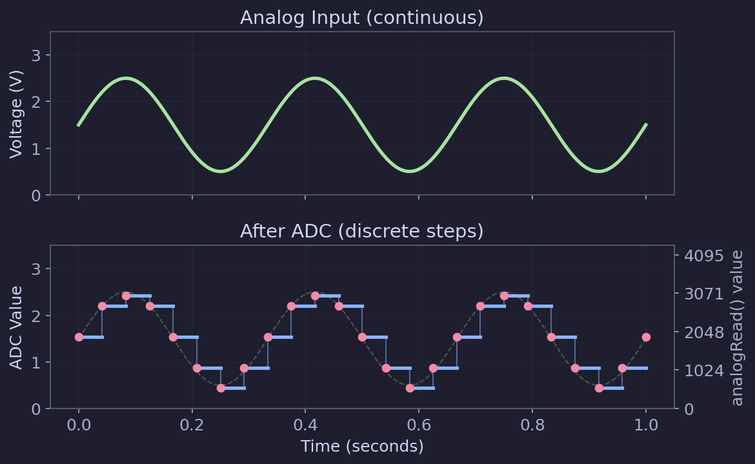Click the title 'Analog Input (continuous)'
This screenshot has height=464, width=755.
point(361,17)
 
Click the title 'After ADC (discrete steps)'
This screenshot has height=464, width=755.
point(361,231)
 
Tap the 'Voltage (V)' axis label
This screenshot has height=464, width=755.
point(17,114)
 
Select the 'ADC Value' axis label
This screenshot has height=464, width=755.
point(17,327)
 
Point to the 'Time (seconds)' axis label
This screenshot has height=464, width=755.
point(362,447)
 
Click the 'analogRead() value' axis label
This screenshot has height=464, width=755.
point(738,327)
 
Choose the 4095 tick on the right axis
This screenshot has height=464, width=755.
point(703,256)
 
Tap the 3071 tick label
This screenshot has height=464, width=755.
point(703,294)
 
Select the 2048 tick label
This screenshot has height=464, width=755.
point(703,332)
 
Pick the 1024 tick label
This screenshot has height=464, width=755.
point(703,370)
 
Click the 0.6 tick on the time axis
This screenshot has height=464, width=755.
point(419,425)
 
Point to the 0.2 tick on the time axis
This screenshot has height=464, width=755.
point(192,425)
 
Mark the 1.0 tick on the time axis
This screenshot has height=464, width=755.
point(646,425)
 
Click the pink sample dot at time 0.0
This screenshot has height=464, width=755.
point(79,337)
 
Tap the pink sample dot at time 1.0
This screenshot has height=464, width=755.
point(646,337)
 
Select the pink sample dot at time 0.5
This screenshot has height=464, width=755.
point(362,337)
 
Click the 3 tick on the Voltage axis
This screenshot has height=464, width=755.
point(36,55)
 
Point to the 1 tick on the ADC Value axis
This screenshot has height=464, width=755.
point(36,362)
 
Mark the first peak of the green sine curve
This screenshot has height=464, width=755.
point(126,78)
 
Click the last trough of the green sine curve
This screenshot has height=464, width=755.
point(599,171)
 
